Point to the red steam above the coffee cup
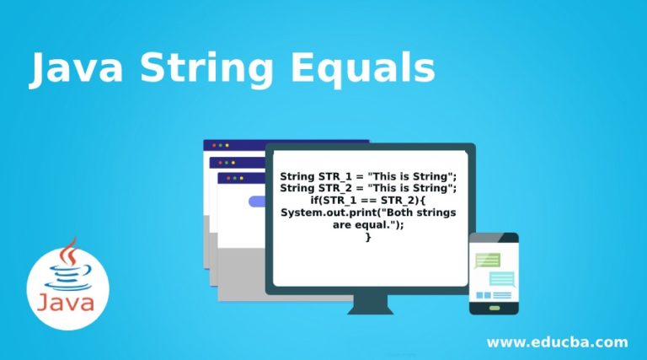coord(67,252)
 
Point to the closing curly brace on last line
coord(368,238)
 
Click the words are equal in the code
coord(368,225)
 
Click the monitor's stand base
coord(370,308)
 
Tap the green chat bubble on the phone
coord(488,260)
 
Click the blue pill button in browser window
coord(257,201)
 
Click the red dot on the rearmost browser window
coord(215,146)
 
